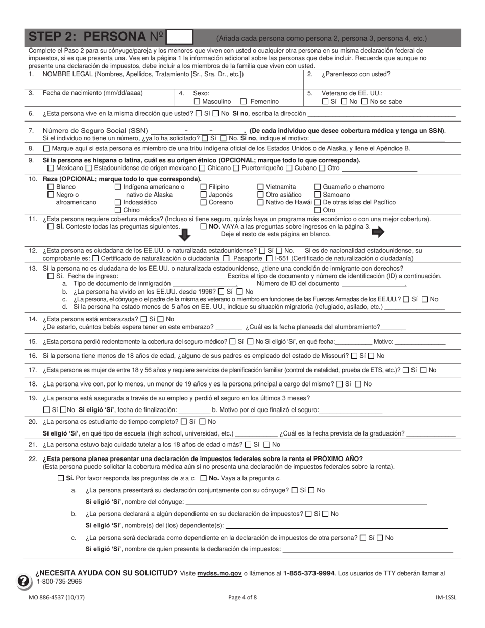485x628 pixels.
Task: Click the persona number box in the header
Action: tap(180, 37)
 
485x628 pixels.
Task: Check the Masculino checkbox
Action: tap(197, 102)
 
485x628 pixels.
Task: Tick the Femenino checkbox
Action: tap(244, 102)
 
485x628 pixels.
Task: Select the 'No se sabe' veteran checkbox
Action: tap(365, 102)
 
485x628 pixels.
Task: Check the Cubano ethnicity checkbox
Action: tap(289, 168)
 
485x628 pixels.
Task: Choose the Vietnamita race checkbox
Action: tap(261, 187)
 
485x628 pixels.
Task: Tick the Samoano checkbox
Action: tap(318, 195)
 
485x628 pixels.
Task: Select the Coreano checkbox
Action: tap(204, 203)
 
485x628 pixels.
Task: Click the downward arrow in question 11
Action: tap(185, 234)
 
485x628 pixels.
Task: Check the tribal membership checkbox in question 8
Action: tap(47, 149)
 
